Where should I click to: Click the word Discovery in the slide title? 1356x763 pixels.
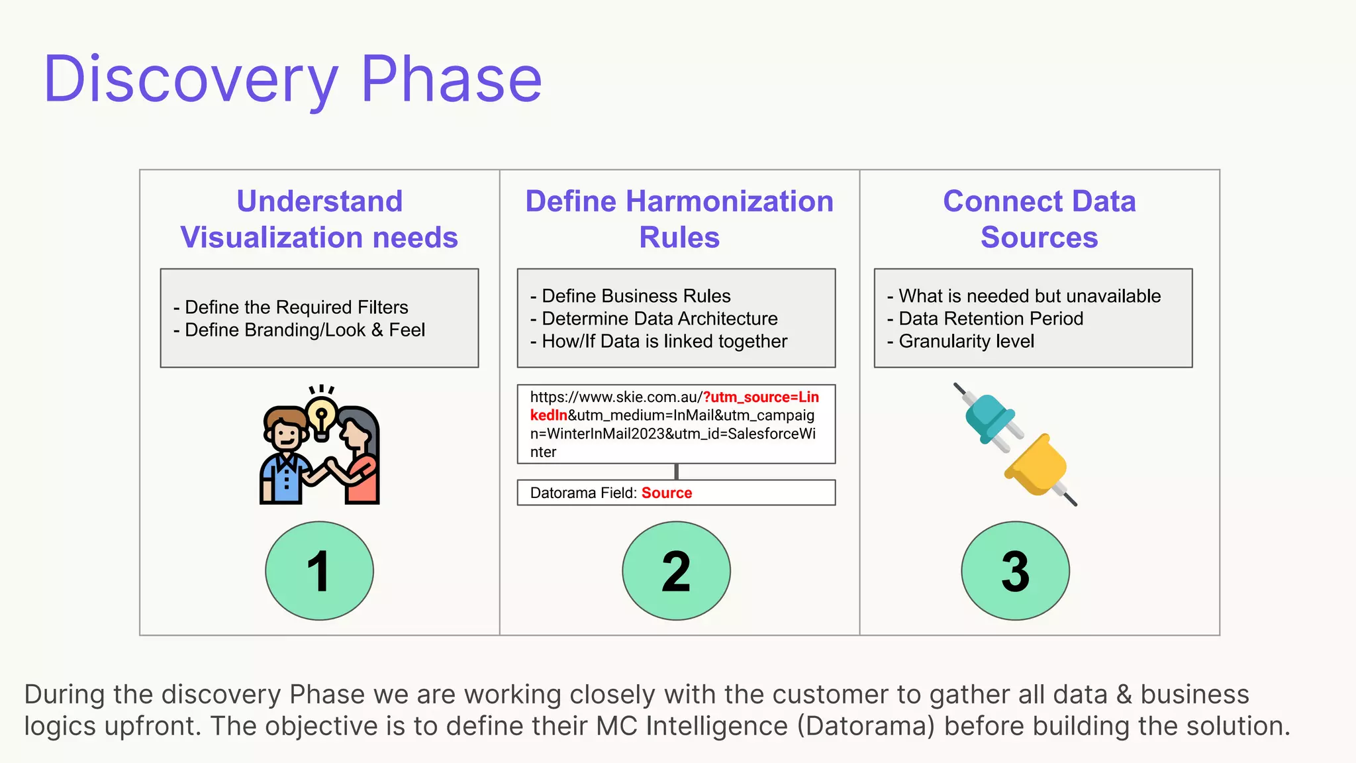191,79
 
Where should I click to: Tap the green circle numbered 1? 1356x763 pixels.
319,570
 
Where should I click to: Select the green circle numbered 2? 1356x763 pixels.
676,570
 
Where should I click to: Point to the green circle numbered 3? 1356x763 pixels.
1015,570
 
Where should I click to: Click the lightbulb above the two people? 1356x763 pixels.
322,415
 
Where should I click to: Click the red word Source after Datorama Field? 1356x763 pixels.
666,493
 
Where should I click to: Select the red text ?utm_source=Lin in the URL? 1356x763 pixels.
761,397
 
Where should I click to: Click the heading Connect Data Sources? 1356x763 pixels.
1039,219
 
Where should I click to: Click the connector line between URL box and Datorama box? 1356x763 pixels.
676,472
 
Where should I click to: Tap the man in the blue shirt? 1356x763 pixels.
285,464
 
